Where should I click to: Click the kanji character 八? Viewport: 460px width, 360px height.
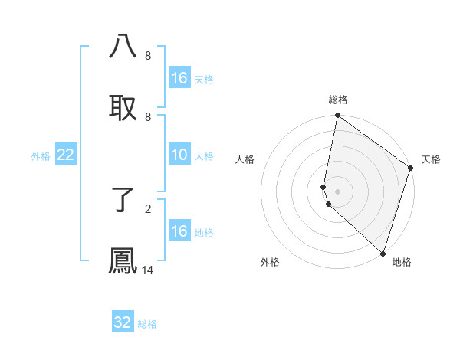coord(123,46)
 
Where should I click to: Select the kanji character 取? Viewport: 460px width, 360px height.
coord(123,107)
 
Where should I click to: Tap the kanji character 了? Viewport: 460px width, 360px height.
coord(123,201)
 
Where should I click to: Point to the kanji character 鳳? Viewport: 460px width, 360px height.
coord(123,261)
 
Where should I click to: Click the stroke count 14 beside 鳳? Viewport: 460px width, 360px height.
coord(148,270)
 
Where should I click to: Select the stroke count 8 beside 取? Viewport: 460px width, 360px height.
coord(148,116)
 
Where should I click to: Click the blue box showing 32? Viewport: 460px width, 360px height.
coord(123,322)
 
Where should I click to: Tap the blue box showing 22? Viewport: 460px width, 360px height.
coord(66,155)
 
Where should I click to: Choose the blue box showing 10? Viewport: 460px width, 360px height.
coord(179,155)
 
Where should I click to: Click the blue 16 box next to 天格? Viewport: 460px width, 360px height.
coord(179,78)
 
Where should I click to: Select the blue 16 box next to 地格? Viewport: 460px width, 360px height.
coord(179,231)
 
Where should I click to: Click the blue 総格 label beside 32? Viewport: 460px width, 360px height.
coord(147,324)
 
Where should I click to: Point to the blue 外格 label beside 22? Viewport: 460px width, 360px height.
coord(41,156)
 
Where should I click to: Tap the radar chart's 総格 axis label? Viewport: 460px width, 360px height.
coord(338,100)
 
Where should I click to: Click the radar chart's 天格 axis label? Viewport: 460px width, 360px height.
coord(431,159)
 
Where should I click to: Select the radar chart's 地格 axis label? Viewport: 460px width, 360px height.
coord(402,262)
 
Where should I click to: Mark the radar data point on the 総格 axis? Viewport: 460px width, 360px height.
coord(337,116)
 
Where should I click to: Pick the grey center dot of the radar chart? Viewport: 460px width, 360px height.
coord(337,191)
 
